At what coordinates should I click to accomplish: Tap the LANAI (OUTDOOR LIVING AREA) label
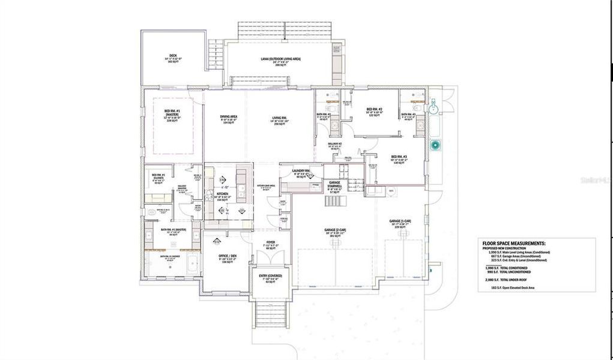coord(280,59)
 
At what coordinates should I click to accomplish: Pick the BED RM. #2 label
coord(375,109)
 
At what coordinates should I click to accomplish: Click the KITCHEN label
coord(222,194)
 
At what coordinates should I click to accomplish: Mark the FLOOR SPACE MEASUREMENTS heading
coord(514,243)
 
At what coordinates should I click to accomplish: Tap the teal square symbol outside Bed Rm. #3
coord(436,145)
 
